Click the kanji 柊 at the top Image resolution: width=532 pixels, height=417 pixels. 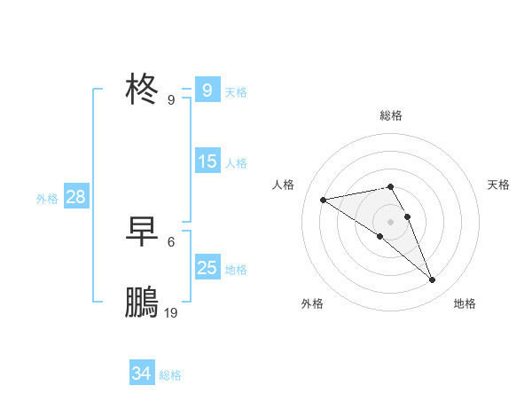click(143, 90)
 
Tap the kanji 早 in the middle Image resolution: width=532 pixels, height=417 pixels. click(143, 232)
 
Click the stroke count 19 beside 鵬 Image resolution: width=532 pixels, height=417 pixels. click(171, 313)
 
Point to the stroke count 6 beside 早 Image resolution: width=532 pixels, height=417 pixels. click(171, 241)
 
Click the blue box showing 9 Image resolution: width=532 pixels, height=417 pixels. click(207, 90)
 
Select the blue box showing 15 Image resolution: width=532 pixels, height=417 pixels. click(207, 161)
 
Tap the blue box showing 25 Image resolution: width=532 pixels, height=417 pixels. click(207, 268)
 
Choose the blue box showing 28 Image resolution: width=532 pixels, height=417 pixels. click(75, 197)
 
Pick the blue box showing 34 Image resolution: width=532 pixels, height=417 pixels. click(141, 374)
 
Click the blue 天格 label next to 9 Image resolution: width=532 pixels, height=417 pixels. click(236, 91)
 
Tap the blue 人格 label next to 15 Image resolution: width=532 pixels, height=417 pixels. click(236, 162)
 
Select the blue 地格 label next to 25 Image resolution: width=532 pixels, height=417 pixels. click(236, 269)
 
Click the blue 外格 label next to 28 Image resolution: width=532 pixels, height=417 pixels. click(47, 199)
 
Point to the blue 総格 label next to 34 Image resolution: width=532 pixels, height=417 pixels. click(170, 374)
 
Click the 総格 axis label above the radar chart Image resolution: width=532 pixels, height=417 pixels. click(391, 115)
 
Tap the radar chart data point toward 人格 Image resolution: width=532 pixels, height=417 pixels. click(324, 200)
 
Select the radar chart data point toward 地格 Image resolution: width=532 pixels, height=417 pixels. click(433, 280)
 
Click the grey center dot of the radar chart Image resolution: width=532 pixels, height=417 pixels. click(391, 221)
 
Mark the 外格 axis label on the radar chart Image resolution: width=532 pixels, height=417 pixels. click(312, 303)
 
